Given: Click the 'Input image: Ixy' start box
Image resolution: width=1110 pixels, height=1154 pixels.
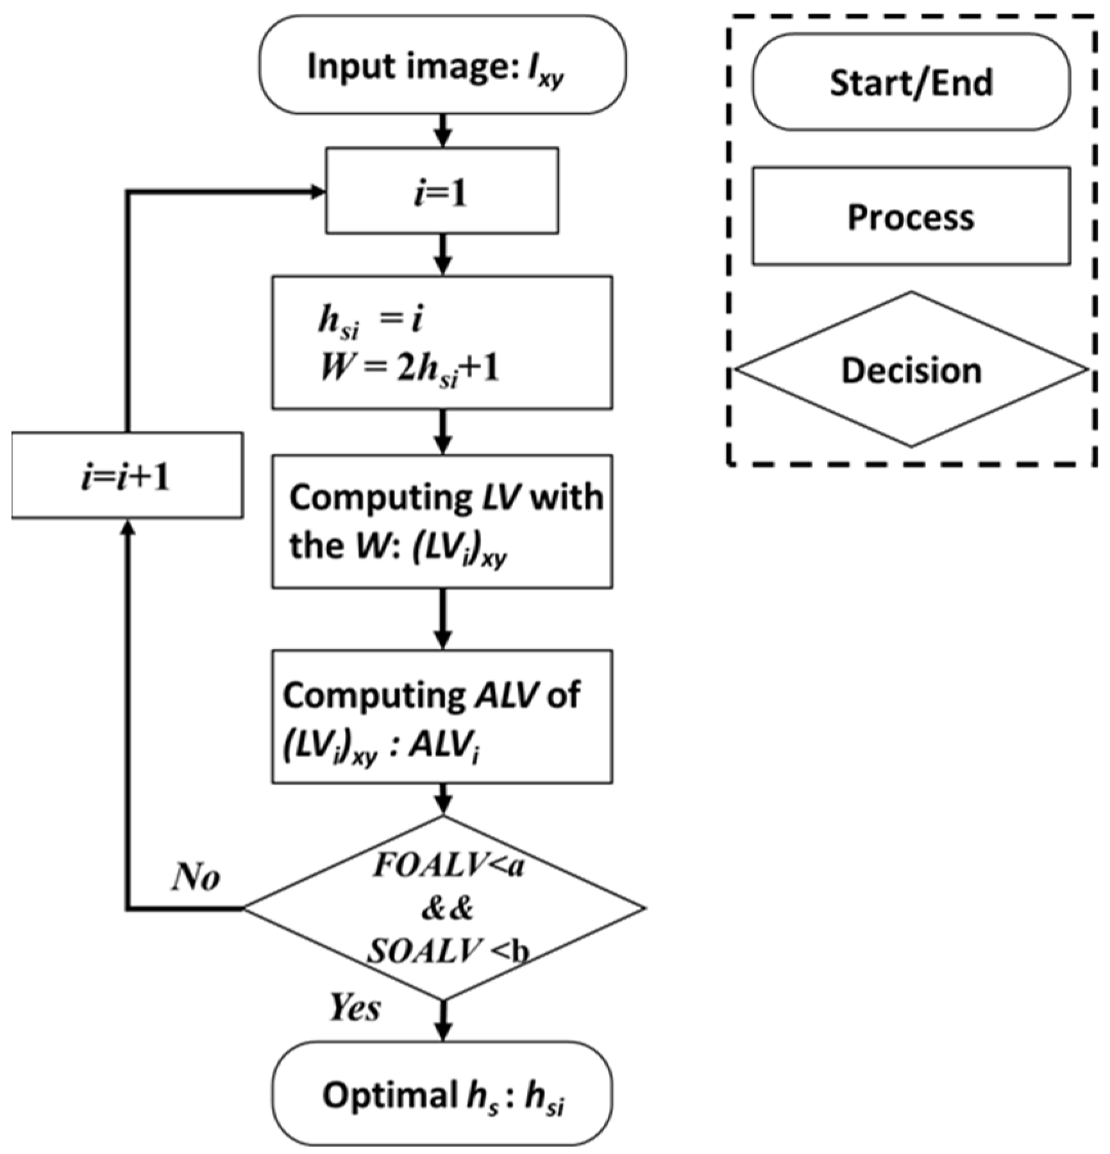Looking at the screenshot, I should pos(442,65).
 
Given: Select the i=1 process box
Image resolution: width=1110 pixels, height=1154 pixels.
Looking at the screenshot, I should pos(442,191).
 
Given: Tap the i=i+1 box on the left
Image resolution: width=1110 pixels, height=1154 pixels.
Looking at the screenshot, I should pos(127,476).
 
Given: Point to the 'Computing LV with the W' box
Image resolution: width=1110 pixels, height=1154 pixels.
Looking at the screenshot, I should pos(442,521).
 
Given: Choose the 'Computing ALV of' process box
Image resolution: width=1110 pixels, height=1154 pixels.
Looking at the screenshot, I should pos(442,716).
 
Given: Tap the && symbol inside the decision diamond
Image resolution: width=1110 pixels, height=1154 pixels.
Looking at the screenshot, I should pos(447,908).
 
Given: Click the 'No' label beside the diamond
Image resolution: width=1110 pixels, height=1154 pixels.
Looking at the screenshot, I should pos(196,876).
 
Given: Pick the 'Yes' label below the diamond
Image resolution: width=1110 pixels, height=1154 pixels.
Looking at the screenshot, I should pos(355,1007).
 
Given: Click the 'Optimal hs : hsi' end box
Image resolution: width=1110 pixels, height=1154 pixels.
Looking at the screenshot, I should pos(442,1095).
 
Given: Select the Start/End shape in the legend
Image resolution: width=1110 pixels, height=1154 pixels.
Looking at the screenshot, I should pos(911,82).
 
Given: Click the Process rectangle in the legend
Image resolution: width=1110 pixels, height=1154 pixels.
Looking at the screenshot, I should pos(911,216).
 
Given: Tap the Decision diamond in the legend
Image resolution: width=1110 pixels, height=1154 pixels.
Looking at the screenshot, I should pos(911,370).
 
